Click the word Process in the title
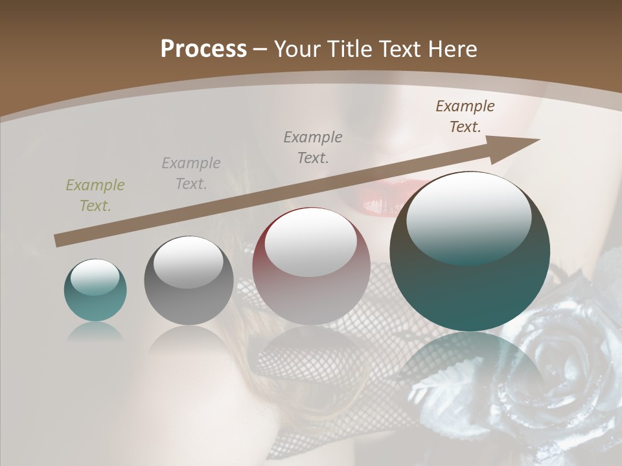(x=203, y=49)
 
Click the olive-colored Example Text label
(x=95, y=195)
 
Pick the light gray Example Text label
(x=191, y=173)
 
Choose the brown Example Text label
(x=465, y=116)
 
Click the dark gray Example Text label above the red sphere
(x=313, y=148)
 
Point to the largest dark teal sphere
(x=470, y=272)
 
